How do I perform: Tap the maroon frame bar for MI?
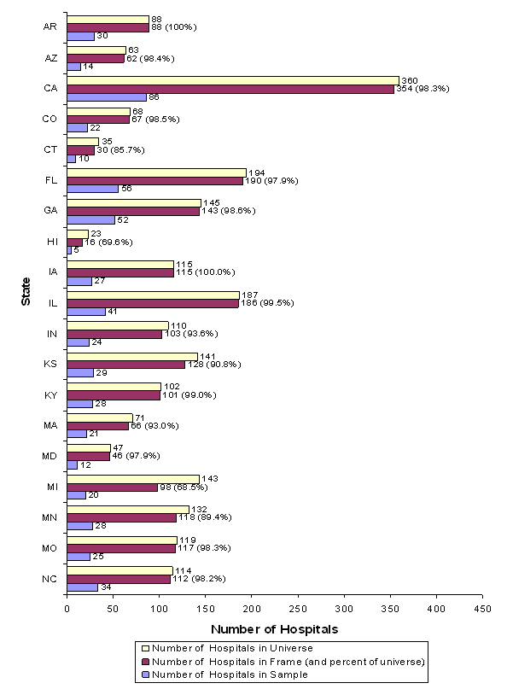112,488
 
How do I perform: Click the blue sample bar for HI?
69,250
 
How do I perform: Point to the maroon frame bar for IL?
152,302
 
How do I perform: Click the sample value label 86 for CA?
154,97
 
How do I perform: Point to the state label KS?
50,364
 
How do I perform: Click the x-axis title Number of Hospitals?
274,629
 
